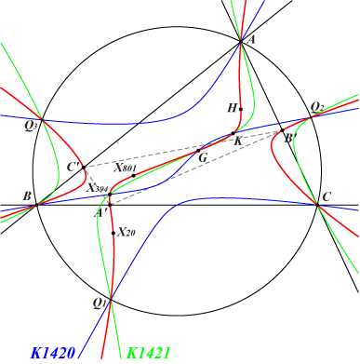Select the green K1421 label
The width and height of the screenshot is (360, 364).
coord(147,353)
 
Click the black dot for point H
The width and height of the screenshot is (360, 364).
coord(241,108)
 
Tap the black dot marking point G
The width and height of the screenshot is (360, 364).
coord(198,149)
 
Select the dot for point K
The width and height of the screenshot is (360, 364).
coord(233,135)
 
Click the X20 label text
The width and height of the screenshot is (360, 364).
coord(127,233)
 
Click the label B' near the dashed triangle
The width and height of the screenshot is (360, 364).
coord(288,140)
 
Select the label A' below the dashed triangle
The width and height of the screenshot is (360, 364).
coord(100,210)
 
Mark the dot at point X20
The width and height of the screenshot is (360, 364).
coord(113,233)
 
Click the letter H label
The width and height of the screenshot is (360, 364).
coord(232,108)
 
